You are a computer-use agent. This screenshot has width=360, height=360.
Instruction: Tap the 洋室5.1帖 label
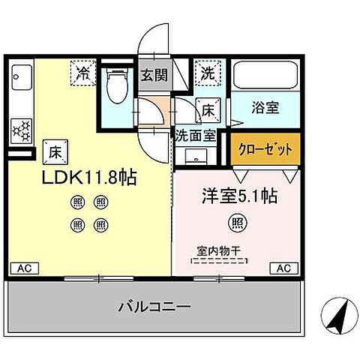tap(239, 196)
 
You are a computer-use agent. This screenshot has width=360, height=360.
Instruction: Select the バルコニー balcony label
tap(154, 307)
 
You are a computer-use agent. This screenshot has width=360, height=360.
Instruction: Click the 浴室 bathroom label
tap(265, 107)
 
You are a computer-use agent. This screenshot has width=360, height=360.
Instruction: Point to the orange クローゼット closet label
tap(265, 148)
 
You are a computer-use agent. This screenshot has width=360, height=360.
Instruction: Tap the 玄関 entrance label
tap(154, 75)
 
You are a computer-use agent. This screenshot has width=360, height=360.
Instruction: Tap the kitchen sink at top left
tap(21, 78)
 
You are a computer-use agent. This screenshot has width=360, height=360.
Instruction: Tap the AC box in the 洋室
tap(285, 268)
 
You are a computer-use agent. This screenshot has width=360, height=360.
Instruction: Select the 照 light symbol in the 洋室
tap(236, 223)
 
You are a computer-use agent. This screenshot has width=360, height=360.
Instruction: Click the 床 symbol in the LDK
tap(54, 151)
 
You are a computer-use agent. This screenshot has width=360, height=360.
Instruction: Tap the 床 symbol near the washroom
tap(208, 110)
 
